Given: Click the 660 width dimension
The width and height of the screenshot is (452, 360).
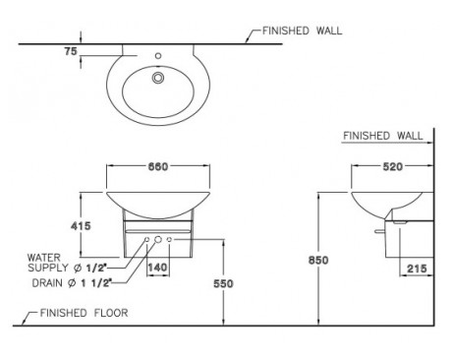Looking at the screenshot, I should coord(157,166).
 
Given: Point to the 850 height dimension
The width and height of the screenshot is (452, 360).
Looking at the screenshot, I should coord(307,261).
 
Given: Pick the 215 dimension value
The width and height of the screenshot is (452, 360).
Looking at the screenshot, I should coord(415,269).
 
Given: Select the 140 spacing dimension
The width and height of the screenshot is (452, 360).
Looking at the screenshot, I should coord(157,267).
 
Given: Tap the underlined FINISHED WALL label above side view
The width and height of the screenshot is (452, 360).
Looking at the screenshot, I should coord(382,136).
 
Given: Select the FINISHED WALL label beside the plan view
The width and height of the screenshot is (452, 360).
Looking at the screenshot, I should coord(302,30).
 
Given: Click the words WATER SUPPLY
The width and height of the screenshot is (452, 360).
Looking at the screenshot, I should coord(49,262).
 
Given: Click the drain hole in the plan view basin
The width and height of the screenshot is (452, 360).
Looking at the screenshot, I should coord(157,77).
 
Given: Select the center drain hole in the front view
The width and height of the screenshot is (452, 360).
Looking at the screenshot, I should coord(157,240).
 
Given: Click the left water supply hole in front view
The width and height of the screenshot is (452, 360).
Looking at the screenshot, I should coord(146,240).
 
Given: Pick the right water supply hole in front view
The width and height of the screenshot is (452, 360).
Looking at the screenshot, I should coord(169,240).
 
